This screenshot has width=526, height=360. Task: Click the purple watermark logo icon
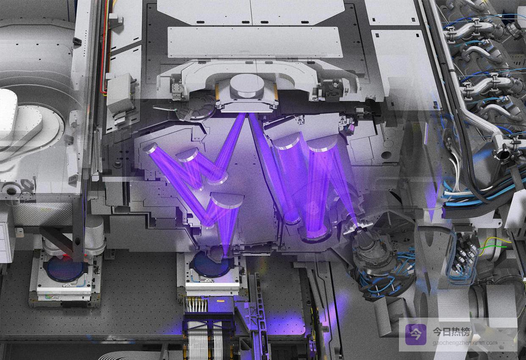[x=415, y=335]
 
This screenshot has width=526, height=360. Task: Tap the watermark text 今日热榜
[x=451, y=332]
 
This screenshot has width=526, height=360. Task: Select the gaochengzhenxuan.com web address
[x=465, y=343]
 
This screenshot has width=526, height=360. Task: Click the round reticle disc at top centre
[x=247, y=86]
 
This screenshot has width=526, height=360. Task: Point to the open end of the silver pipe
[x=503, y=154]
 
